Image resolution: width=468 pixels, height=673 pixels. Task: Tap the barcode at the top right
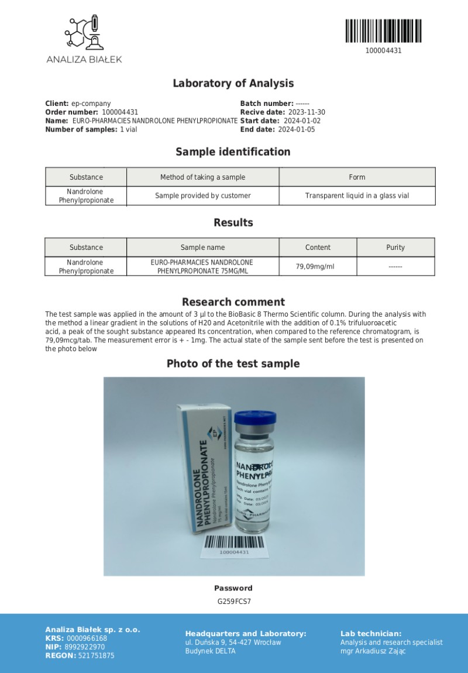383,32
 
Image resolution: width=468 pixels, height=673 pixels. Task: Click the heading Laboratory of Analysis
233,84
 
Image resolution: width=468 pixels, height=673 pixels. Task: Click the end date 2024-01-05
296,130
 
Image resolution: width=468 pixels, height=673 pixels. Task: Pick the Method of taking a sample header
202,177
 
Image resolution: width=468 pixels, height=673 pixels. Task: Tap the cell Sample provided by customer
202,195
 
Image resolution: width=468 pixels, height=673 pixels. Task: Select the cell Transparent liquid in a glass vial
357,195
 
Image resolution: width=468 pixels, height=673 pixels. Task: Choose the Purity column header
395,248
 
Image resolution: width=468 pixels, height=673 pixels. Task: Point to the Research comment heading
233,302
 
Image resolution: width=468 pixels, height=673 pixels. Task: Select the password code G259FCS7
233,601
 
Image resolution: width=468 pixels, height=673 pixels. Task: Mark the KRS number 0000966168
87,638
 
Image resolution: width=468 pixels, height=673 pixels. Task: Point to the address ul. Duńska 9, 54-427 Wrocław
233,643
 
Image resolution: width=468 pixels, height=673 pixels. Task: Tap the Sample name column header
202,248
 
